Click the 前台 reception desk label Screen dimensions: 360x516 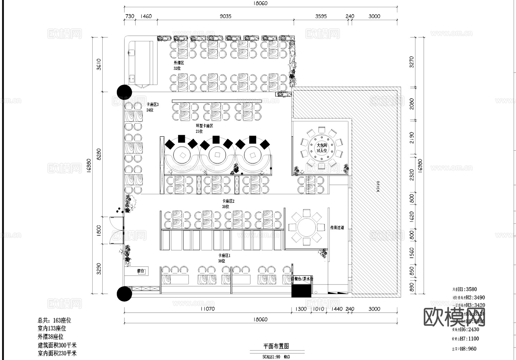pyautogui.click(x=141, y=271)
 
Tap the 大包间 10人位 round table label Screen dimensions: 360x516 pyautogui.click(x=322, y=148)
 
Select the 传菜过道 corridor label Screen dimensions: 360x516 pyautogui.click(x=337, y=227)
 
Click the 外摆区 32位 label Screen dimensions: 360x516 pyautogui.click(x=178, y=65)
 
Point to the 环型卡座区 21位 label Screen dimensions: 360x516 pyautogui.click(x=204, y=129)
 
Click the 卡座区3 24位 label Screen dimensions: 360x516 pyautogui.click(x=152, y=107)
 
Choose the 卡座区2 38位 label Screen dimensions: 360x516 pyautogui.click(x=228, y=204)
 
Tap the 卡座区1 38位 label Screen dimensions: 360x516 pyautogui.click(x=224, y=258)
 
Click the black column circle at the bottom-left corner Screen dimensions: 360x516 pyautogui.click(x=124, y=294)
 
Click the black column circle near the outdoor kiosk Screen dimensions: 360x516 pyautogui.click(x=124, y=92)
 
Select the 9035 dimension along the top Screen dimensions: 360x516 pyautogui.click(x=225, y=16)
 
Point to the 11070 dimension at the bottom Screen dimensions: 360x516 pyautogui.click(x=207, y=309)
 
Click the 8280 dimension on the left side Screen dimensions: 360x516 pyautogui.click(x=99, y=154)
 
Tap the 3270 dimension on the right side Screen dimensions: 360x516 pyautogui.click(x=412, y=62)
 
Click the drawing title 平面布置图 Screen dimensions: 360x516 pyautogui.click(x=275, y=346)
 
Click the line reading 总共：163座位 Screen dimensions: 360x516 pyautogui.click(x=54, y=320)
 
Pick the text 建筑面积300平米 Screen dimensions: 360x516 pyautogui.click(x=57, y=345)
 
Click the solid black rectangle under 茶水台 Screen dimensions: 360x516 pyautogui.click(x=301, y=291)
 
